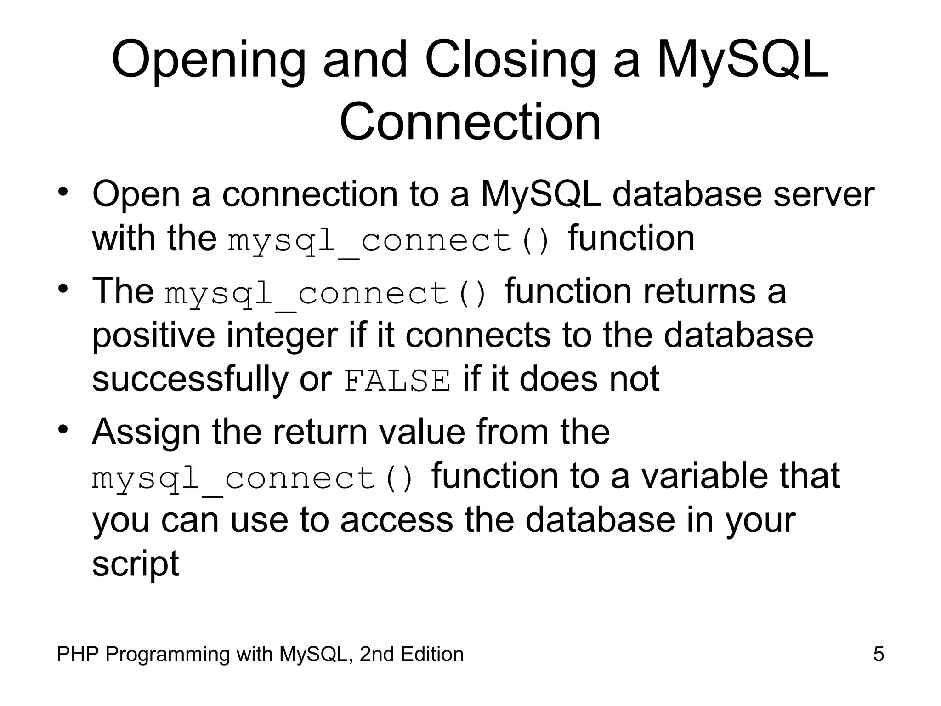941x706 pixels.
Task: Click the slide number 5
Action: click(878, 655)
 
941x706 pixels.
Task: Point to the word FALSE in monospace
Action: click(397, 381)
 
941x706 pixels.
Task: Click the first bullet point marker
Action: click(63, 191)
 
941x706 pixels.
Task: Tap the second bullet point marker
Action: click(63, 289)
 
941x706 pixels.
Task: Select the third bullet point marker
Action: click(63, 430)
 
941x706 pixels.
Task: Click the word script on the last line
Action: click(135, 564)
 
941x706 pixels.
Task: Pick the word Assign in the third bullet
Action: click(146, 433)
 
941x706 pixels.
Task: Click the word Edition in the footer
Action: click(431, 655)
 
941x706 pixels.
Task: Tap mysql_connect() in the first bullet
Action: click(389, 241)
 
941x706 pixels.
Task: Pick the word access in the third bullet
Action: click(397, 520)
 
